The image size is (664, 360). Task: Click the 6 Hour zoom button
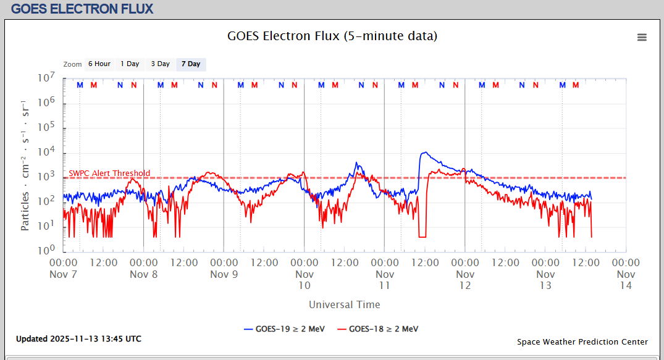tap(99, 64)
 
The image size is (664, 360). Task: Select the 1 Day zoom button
tap(130, 64)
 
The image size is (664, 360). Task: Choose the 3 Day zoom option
tap(161, 64)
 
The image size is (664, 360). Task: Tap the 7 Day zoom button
tap(191, 64)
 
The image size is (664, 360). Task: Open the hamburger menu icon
tap(642, 37)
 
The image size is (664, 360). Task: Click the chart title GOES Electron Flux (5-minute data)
tap(332, 36)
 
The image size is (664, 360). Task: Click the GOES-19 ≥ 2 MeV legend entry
tap(284, 329)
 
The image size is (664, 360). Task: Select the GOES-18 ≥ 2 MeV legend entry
tap(377, 329)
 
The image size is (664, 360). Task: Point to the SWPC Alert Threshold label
tap(109, 174)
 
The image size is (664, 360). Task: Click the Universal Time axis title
tap(344, 304)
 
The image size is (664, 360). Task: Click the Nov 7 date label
tap(63, 274)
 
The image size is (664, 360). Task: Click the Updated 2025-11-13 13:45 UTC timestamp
tap(78, 339)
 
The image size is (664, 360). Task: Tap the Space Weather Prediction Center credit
tap(582, 342)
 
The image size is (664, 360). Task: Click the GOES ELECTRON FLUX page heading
tap(82, 9)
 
